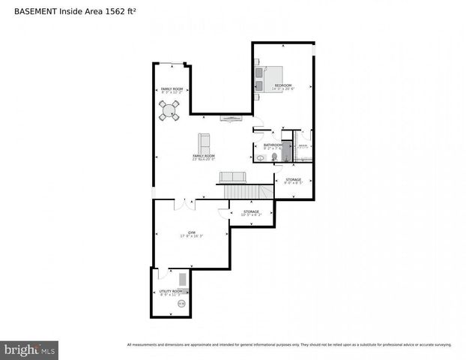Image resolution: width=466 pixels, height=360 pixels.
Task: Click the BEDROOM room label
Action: (x=282, y=85)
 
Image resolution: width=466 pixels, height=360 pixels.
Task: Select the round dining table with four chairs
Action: (x=170, y=111)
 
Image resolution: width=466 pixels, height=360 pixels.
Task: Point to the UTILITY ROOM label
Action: (x=170, y=291)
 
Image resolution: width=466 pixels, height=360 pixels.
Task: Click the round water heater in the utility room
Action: (x=181, y=303)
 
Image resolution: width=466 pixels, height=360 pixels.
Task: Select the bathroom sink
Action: (x=259, y=157)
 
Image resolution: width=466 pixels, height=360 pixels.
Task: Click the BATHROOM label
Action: (x=273, y=145)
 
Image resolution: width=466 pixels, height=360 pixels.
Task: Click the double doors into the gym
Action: (x=185, y=204)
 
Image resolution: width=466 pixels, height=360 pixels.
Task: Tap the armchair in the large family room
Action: (x=204, y=142)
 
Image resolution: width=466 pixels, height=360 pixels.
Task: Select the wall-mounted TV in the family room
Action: (x=231, y=118)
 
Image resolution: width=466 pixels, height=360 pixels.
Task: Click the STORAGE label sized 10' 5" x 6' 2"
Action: (x=251, y=211)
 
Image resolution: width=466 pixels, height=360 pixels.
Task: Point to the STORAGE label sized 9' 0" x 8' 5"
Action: (x=293, y=179)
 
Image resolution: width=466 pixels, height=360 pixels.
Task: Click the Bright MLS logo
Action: (x=29, y=349)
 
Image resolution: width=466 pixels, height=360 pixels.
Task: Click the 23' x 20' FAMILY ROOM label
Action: (x=203, y=156)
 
